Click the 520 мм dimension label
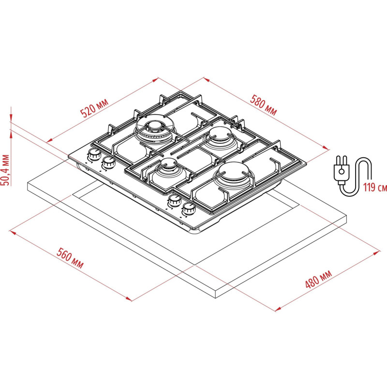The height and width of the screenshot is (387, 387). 94,107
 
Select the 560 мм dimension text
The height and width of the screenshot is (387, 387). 70,258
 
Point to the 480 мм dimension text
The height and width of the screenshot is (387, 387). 318,279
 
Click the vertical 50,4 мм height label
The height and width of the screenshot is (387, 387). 5,170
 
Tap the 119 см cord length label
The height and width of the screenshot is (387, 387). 375,187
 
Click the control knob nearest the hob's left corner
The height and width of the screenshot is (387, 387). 94,154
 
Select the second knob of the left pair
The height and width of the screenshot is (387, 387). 108,163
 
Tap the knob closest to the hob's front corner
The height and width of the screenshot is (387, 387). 189,209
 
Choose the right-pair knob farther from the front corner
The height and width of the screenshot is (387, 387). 174,200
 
